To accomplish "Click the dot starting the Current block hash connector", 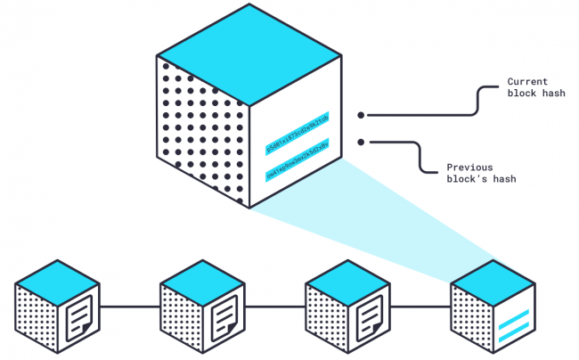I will click(x=361, y=115).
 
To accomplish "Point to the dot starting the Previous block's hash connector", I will click(x=361, y=141).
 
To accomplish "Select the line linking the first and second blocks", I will click(x=130, y=307).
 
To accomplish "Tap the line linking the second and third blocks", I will click(x=275, y=307).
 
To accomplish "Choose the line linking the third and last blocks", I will click(x=420, y=307).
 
